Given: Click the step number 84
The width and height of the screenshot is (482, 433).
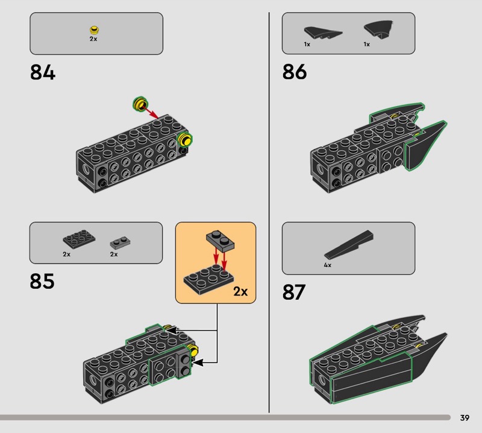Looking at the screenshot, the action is (42, 73).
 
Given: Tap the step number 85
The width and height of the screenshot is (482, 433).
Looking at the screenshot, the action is (42, 281).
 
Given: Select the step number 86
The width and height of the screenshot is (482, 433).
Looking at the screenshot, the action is (295, 72).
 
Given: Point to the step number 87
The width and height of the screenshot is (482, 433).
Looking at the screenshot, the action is (294, 292).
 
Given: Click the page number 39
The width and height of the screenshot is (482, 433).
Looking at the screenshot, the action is (465, 418).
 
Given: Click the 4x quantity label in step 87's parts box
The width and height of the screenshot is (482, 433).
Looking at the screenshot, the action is (327, 265).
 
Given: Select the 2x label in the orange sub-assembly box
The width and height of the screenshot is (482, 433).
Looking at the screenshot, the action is (240, 292).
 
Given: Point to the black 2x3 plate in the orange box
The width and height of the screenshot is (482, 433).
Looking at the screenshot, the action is (207, 280).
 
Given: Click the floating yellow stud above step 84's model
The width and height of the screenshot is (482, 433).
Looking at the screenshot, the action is (140, 105).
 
